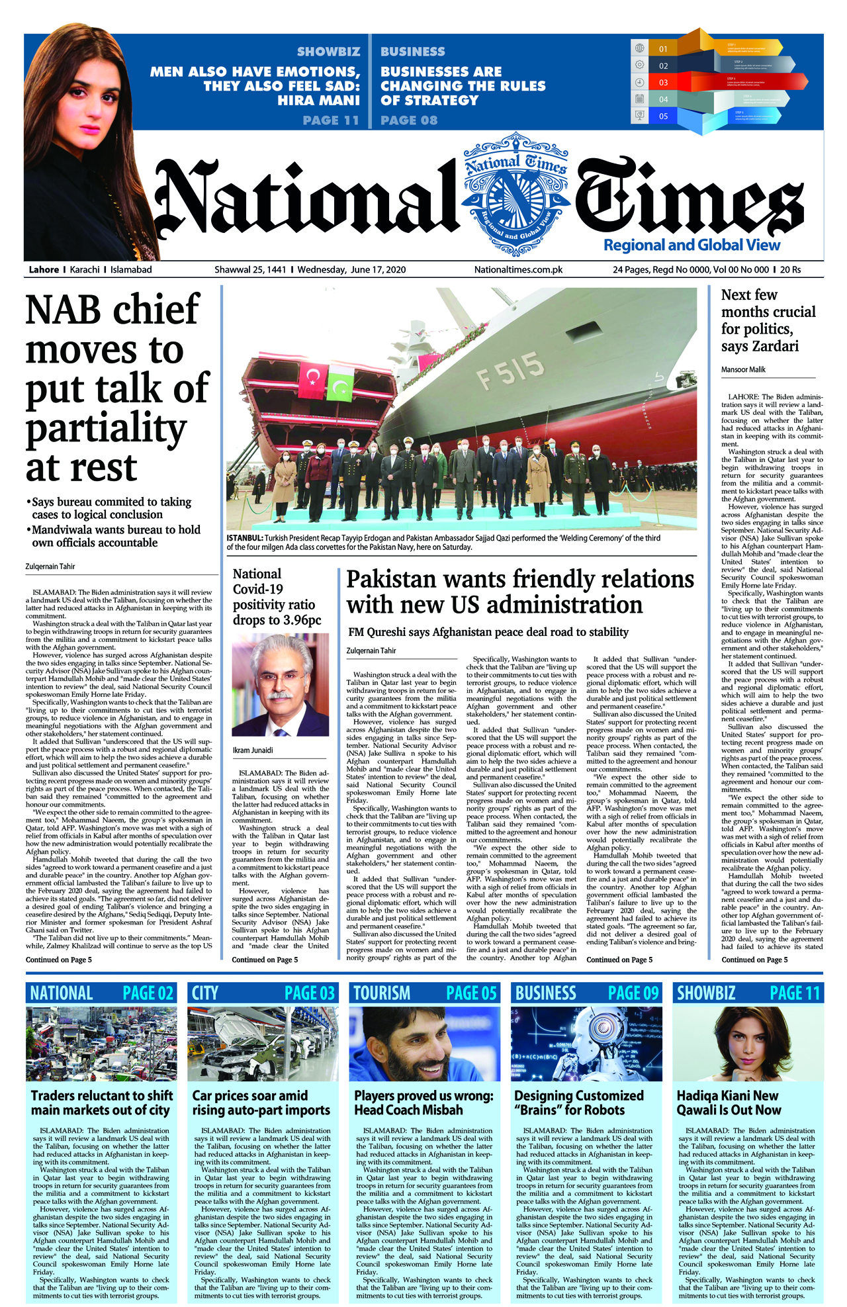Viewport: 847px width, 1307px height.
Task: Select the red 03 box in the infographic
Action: tap(663, 83)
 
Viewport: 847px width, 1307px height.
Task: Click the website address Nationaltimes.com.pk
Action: tap(518, 270)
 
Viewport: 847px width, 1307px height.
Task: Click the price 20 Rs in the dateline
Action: tap(790, 270)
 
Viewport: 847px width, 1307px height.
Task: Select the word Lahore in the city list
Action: tap(44, 270)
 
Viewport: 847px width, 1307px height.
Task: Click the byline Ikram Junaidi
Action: tap(253, 750)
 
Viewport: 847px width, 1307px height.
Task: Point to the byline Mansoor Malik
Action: tap(743, 370)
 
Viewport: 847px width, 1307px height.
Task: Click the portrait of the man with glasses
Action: tap(280, 685)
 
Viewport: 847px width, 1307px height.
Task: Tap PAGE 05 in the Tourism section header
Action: tap(471, 993)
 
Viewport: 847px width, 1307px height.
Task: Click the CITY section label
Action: tap(205, 993)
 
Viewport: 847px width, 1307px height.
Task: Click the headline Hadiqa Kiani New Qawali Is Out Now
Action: tap(729, 1103)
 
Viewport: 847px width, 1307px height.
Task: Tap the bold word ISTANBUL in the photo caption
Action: tap(244, 539)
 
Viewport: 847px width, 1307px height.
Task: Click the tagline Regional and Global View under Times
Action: tap(691, 246)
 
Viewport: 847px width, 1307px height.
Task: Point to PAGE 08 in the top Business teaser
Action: tap(409, 120)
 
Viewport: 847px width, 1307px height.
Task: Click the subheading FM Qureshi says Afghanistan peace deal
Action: tap(488, 632)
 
